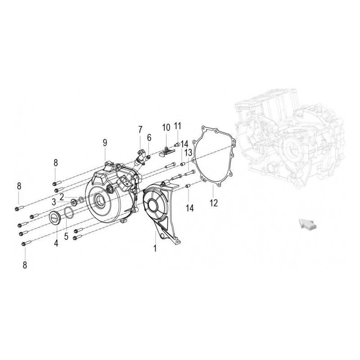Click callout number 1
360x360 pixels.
(155, 248)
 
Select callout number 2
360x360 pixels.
(62, 197)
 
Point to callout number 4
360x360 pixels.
(56, 243)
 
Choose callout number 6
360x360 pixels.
(149, 138)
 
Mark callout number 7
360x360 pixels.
(140, 130)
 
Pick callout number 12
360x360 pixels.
(214, 203)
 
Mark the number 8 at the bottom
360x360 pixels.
(24, 265)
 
